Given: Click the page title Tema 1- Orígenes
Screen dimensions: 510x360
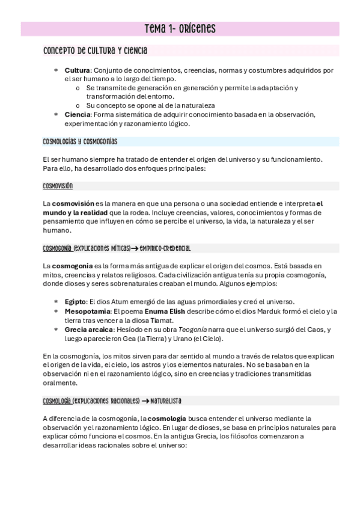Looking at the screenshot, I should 180,29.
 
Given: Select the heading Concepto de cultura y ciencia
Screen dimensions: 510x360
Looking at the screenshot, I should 96,51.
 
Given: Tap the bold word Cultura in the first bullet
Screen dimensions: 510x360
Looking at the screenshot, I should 76,70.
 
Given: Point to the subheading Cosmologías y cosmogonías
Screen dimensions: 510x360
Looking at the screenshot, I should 80,141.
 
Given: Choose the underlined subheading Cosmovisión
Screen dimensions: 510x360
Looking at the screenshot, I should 58,186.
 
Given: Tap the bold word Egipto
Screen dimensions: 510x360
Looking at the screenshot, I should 75,301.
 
